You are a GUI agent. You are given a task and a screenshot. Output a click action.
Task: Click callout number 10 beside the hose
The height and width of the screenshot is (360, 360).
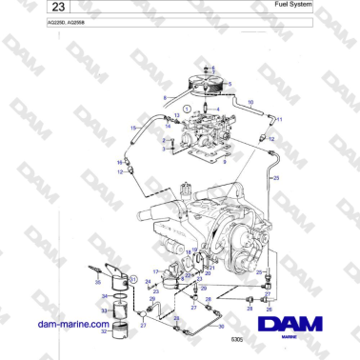251,101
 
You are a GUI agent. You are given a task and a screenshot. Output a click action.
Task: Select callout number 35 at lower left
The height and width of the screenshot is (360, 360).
98,283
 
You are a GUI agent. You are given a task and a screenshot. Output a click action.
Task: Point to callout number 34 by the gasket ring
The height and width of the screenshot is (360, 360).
105,296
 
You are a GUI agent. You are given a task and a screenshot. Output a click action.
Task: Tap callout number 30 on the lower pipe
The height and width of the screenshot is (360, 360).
222,326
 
